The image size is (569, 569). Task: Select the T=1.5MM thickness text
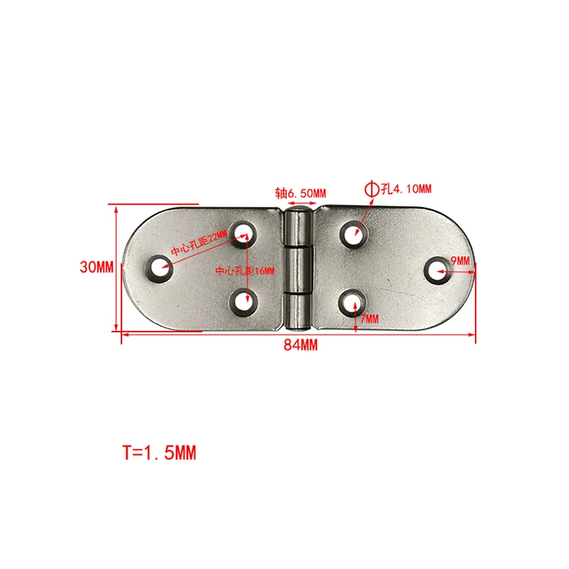[x=159, y=453]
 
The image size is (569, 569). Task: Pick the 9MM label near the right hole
[x=461, y=261]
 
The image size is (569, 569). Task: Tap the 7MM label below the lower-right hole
[x=369, y=319]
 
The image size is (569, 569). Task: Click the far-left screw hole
[x=159, y=268]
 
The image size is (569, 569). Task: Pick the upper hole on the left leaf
[x=243, y=231]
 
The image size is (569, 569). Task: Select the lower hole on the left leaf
[x=242, y=302]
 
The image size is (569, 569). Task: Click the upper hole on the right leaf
[x=351, y=233]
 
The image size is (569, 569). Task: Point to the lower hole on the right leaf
[x=350, y=302]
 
